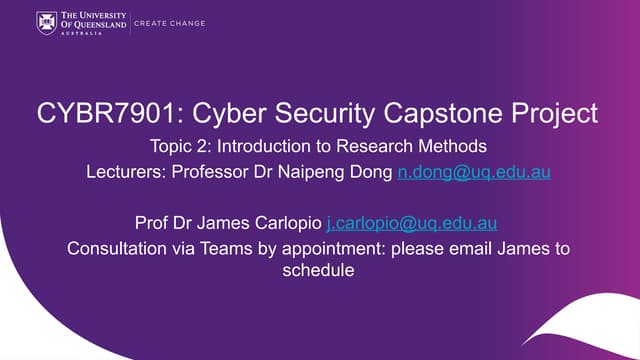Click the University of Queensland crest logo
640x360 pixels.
point(46,21)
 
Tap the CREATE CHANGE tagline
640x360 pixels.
point(169,23)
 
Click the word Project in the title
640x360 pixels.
point(549,113)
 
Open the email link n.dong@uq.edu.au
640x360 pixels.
point(474,171)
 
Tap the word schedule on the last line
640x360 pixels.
point(320,270)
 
